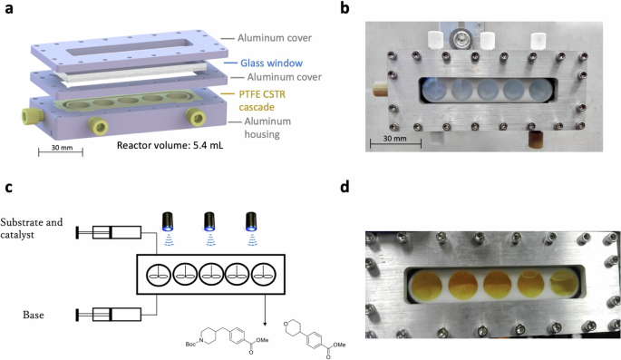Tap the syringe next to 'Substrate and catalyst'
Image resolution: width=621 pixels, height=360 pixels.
tap(109, 233)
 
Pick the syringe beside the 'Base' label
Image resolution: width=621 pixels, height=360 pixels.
tap(109, 314)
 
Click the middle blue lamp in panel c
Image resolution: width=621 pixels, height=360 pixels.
tap(209, 222)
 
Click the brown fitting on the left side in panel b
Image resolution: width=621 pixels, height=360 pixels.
tap(379, 92)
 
